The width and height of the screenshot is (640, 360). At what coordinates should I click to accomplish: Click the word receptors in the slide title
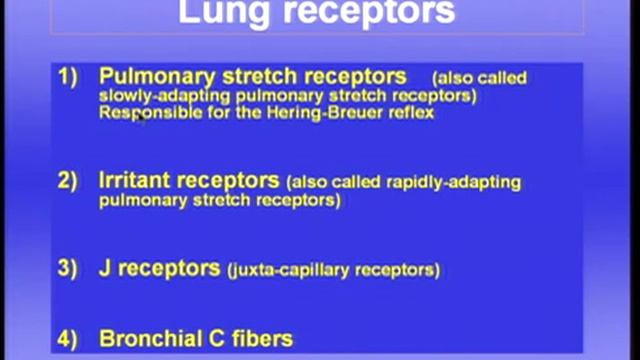tap(371, 12)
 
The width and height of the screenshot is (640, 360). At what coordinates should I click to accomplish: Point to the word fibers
tap(259, 338)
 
